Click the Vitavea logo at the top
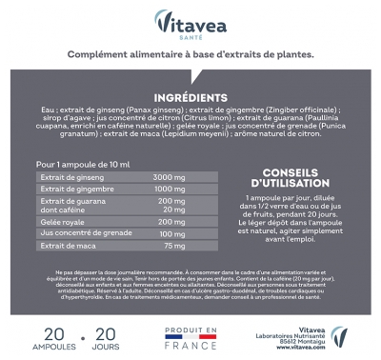190,19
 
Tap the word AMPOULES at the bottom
53,348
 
